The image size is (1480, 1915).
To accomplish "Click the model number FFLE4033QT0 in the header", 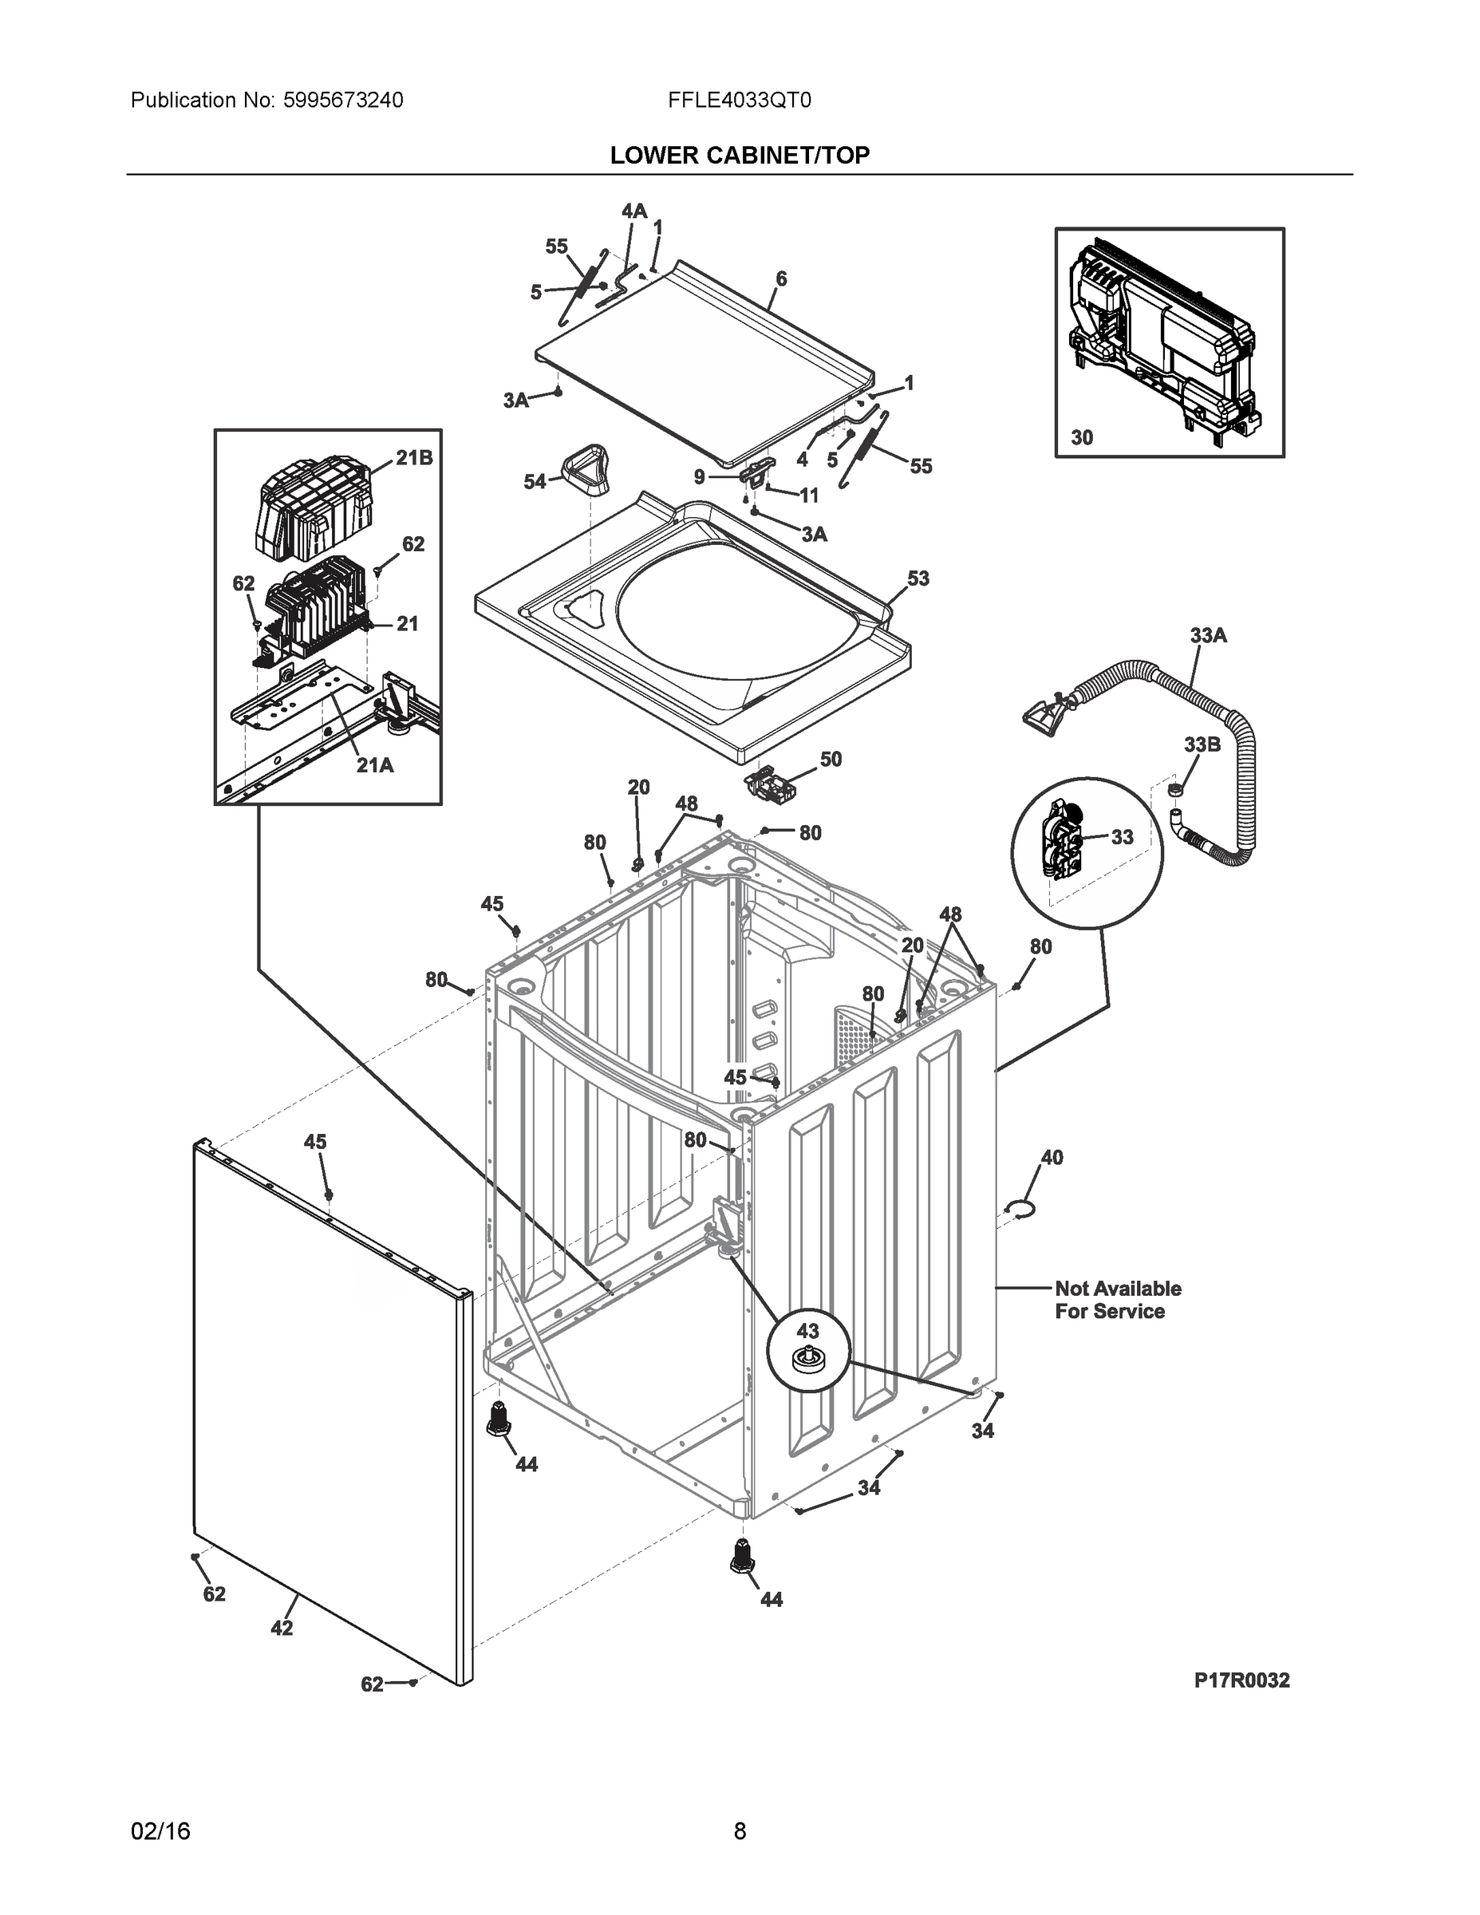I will (739, 100).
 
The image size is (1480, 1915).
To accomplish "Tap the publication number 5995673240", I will (343, 100).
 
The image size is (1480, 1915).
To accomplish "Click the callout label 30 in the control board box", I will (1082, 437).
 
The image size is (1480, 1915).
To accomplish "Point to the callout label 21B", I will (414, 458).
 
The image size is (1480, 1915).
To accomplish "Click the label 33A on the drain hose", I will (1207, 635).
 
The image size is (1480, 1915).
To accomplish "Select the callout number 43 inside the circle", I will (807, 1330).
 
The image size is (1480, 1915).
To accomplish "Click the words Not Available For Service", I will (1117, 1300).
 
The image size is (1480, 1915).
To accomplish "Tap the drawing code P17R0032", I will (1241, 1681).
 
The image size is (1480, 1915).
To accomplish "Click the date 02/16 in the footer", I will (160, 1831).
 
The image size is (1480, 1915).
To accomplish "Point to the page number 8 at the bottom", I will (739, 1831).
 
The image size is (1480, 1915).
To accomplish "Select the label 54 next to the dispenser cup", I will (535, 481).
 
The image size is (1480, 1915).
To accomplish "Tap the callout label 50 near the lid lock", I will (831, 759).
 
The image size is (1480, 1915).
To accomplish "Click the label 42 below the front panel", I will (282, 1628).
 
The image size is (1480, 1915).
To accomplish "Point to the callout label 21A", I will (374, 764).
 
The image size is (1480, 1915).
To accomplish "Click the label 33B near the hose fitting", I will (1202, 744).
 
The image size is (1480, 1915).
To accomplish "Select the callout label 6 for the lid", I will (780, 278).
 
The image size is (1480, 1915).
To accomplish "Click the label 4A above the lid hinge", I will (634, 211).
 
